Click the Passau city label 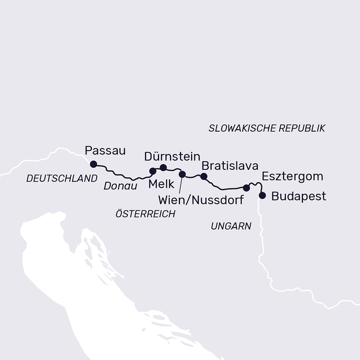(x=105, y=150)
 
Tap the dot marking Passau (x=94, y=164)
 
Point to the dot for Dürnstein (x=163, y=167)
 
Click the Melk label (x=161, y=184)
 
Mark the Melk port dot (x=153, y=171)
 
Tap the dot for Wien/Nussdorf (x=182, y=174)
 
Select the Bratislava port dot (x=203, y=176)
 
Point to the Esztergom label (x=292, y=177)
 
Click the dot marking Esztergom (x=246, y=188)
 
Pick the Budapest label (x=299, y=196)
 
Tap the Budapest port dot (x=262, y=195)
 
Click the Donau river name (x=120, y=187)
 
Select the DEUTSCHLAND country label (x=61, y=178)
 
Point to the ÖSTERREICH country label (x=145, y=214)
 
